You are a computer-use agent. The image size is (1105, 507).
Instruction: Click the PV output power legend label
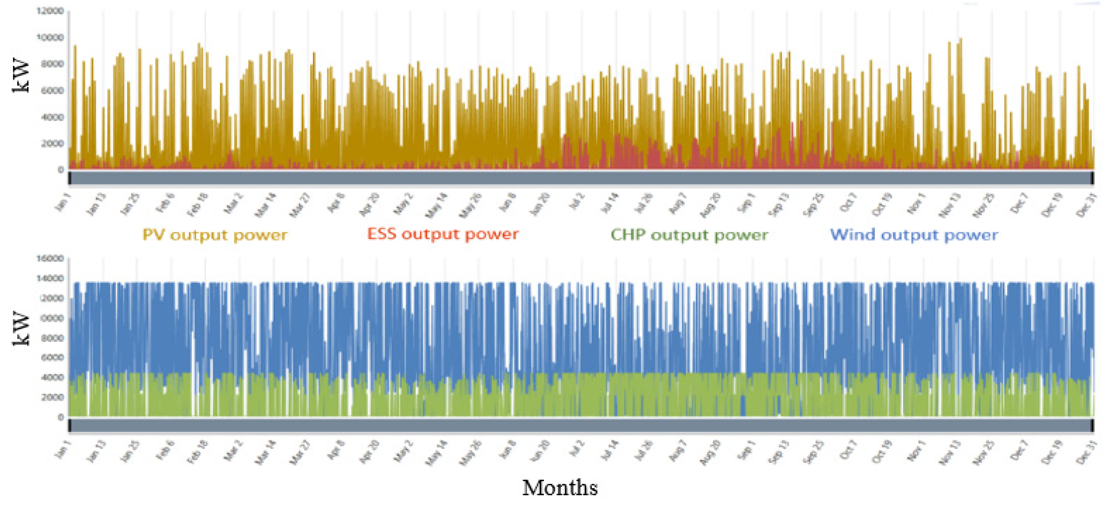(214, 235)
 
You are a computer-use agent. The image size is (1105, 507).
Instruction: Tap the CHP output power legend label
(689, 235)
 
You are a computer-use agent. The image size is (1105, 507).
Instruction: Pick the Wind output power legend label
(914, 235)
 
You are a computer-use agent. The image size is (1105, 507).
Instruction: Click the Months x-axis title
(560, 488)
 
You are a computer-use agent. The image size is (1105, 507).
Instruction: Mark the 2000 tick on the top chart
(52, 143)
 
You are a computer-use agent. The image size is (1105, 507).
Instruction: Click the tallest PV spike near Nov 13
(960, 40)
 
